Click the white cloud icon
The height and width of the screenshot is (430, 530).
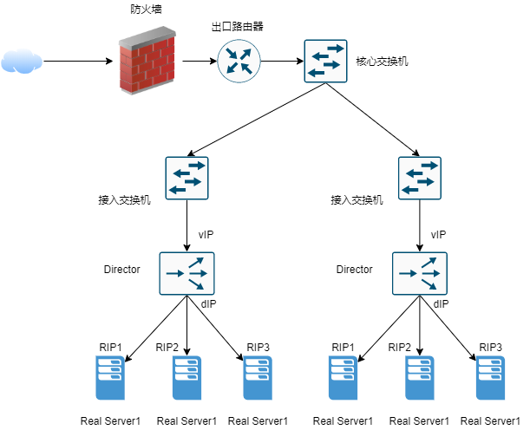click(x=22, y=61)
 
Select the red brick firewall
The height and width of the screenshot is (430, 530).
click(x=147, y=66)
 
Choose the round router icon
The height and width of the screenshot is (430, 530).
click(x=239, y=61)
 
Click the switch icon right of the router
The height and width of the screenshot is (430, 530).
click(x=325, y=61)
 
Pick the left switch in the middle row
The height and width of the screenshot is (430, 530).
click(x=186, y=178)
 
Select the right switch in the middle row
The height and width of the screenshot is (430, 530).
click(x=419, y=178)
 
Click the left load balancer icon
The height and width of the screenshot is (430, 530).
click(x=186, y=273)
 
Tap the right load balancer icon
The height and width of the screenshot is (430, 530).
click(x=419, y=273)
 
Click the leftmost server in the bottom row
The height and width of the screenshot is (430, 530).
click(x=110, y=378)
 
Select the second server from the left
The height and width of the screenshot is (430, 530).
click(x=186, y=378)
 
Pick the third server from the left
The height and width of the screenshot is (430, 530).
click(x=258, y=378)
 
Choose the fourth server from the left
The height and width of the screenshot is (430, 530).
click(x=343, y=378)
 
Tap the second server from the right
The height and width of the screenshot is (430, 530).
click(x=420, y=378)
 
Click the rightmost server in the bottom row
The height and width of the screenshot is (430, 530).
click(x=490, y=378)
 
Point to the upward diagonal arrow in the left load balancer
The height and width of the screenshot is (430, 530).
click(x=198, y=262)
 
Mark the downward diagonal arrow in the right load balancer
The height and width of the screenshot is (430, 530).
click(x=430, y=283)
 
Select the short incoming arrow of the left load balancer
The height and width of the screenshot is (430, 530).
click(x=173, y=274)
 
